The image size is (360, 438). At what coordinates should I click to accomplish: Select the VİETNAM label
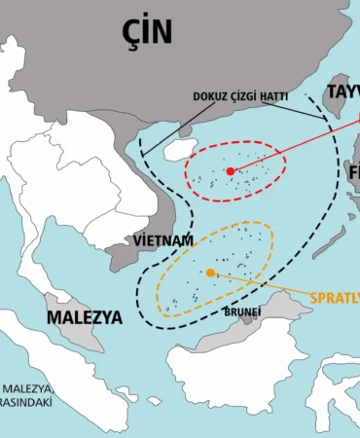(x=161, y=239)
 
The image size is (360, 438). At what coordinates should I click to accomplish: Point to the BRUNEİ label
(x=241, y=312)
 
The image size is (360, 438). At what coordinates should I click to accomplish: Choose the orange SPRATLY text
(x=334, y=298)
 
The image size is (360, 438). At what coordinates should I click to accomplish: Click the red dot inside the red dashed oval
(x=231, y=171)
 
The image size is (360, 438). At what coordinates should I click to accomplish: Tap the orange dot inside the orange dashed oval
(x=210, y=274)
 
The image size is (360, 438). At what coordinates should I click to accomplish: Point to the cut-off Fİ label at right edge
(x=351, y=172)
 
